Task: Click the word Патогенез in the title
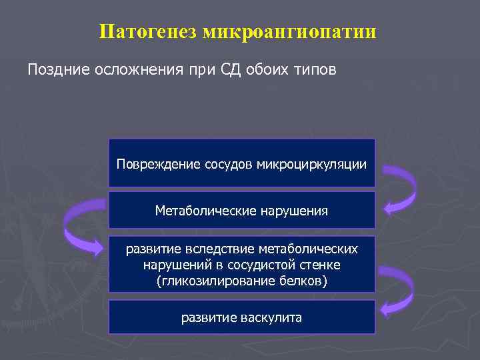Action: point(139,31)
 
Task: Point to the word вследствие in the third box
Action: point(203,249)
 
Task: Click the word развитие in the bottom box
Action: point(210,317)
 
